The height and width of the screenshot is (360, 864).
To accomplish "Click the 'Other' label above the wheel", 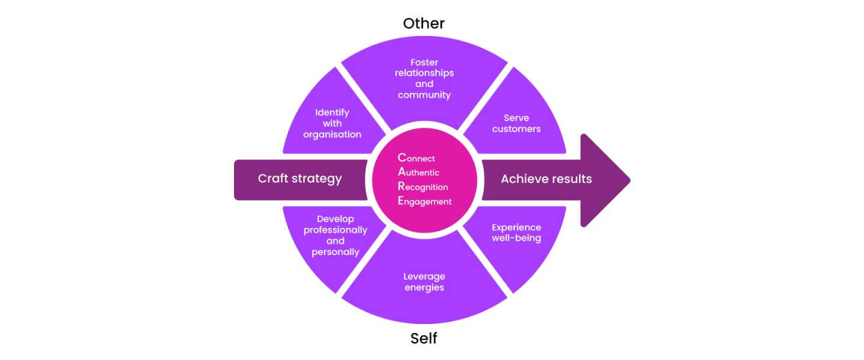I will [424, 23].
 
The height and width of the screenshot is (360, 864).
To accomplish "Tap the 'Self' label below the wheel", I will [424, 338].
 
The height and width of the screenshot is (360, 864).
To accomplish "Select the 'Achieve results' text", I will [546, 179].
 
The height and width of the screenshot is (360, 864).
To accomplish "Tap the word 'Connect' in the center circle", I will [416, 158].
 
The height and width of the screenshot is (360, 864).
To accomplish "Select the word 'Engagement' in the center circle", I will [424, 202].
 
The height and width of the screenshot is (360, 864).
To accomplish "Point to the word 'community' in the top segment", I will [424, 95].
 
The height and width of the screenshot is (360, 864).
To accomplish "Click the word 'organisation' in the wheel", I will [332, 134].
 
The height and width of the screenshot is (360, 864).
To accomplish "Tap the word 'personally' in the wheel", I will [335, 252].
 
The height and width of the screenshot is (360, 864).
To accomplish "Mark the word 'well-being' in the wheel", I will [516, 238].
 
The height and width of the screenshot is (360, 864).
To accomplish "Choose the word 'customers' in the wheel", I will [516, 129].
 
